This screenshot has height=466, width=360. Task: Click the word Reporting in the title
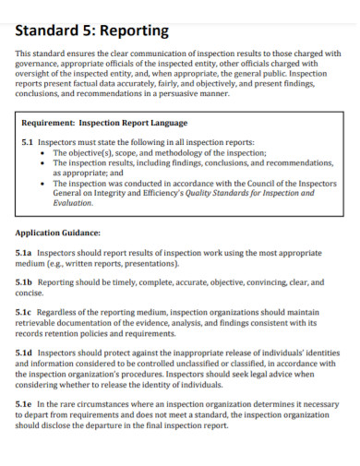pos(132,30)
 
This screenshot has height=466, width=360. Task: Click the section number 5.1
pos(28,143)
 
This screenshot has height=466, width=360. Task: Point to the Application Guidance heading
pos(58,233)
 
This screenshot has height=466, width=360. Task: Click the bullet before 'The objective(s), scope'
pos(43,153)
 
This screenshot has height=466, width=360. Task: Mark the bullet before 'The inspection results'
pos(43,162)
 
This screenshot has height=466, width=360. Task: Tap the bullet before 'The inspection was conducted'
pos(43,183)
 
